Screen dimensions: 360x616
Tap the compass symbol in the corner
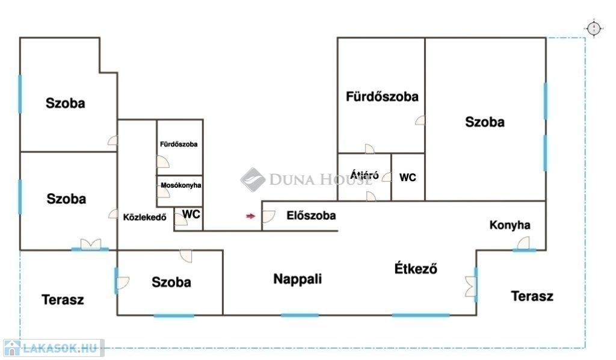[x=594, y=28]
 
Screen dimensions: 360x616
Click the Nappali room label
[x=297, y=279]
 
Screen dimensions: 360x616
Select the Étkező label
[x=415, y=268]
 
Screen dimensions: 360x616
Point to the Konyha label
[x=510, y=225]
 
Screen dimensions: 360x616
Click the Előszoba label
[x=311, y=215]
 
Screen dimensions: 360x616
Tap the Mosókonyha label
[x=181, y=185]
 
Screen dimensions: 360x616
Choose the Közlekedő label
[x=144, y=217]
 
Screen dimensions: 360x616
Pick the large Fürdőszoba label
[x=382, y=96]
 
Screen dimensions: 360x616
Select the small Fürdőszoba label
[x=179, y=144]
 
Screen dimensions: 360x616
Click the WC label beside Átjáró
[x=408, y=178]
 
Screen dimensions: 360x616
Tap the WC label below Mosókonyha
[x=191, y=214]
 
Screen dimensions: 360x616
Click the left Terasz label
[x=63, y=299]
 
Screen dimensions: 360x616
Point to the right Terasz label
[x=532, y=296]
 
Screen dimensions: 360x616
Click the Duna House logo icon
[x=253, y=179]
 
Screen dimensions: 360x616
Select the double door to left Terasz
[x=90, y=244]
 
